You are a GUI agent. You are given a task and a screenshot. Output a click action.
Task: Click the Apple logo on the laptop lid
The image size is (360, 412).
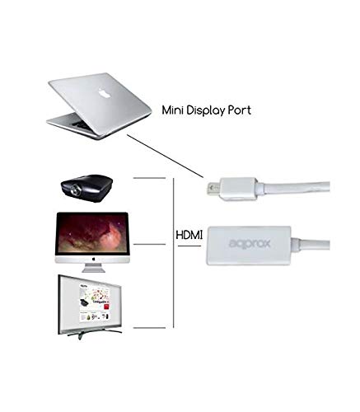[x=105, y=93]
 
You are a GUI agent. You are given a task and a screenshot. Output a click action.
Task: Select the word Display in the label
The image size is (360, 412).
[x=206, y=110]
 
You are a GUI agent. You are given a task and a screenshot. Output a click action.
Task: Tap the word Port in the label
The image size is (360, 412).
[x=240, y=110]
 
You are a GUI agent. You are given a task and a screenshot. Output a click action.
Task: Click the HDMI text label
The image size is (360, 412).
[x=189, y=236]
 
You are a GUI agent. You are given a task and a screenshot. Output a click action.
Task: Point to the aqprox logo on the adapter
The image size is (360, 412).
[x=250, y=244]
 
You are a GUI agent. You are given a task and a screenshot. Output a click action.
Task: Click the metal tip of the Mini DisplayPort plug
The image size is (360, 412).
[x=213, y=188]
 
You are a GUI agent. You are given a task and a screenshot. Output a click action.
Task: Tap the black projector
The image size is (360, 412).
[x=86, y=188]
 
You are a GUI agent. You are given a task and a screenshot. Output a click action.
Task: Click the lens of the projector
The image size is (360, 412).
[x=75, y=190]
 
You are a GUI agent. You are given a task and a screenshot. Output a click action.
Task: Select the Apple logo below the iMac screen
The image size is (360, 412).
[x=93, y=259]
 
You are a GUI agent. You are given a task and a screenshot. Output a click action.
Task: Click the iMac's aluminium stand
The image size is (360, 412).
[x=93, y=268]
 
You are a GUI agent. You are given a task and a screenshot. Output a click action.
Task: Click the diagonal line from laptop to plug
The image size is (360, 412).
[x=165, y=157]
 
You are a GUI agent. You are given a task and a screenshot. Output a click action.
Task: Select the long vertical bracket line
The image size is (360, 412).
[x=174, y=253]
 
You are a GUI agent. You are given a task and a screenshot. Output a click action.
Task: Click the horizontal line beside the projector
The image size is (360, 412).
[x=149, y=178]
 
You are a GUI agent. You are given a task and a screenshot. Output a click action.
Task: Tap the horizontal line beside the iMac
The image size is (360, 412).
[x=149, y=244]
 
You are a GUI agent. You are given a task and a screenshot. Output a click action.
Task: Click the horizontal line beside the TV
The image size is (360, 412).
[x=149, y=328]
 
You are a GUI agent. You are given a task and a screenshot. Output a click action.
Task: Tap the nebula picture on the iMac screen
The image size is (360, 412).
[x=92, y=233]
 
